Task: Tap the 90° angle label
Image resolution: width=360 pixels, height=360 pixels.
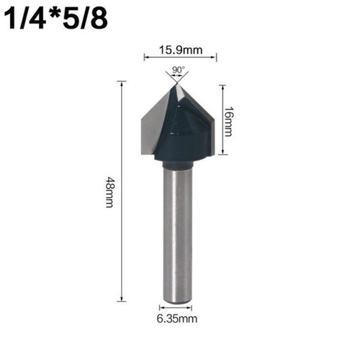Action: click(x=178, y=70)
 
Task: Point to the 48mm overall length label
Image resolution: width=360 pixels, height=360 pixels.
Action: click(x=109, y=192)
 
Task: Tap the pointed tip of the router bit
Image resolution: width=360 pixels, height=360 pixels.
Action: click(x=177, y=84)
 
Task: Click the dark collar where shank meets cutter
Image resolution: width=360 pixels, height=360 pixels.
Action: click(x=178, y=164)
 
